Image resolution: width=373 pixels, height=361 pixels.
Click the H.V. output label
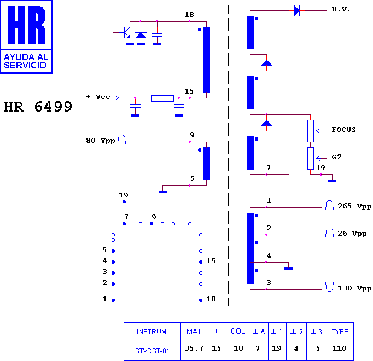tap(341, 9)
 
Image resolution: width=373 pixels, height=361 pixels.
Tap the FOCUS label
tap(344, 130)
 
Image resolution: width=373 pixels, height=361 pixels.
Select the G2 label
tap(336, 157)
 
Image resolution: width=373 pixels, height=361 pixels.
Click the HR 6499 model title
tap(38, 107)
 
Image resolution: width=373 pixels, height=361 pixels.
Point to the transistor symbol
tap(126, 33)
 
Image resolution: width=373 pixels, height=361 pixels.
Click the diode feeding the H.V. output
tap(296, 11)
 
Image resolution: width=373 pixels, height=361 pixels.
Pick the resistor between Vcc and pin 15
tap(163, 98)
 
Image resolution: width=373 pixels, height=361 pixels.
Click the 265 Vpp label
tap(354, 206)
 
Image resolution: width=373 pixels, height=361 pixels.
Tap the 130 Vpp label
tap(354, 288)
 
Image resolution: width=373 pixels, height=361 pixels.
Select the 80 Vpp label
tap(101, 141)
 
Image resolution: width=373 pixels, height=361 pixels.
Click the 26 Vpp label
tap(352, 234)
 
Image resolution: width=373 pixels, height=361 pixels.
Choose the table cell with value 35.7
tap(194, 348)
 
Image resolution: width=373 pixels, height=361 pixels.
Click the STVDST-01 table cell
tap(152, 351)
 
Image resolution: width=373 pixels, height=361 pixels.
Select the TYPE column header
tap(340, 331)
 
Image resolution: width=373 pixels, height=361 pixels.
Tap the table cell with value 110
tap(340, 348)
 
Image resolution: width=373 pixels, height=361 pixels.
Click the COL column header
tap(238, 331)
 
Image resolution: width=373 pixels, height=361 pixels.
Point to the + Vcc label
tap(98, 97)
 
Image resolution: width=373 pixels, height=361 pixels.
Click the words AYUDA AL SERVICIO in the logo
tap(26, 61)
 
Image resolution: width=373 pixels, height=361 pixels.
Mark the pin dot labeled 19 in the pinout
tap(124, 202)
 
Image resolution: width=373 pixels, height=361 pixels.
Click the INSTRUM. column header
tap(152, 331)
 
